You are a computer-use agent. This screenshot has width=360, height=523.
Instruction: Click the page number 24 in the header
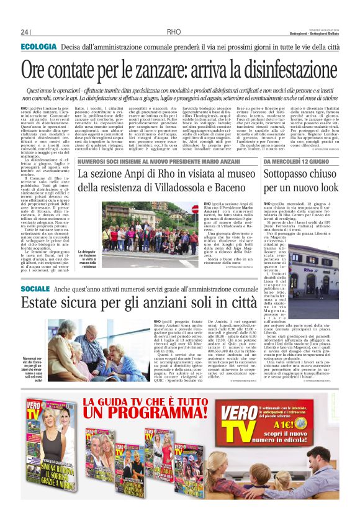coord(25,32)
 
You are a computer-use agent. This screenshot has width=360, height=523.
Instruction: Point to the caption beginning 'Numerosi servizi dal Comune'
coord(34,370)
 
